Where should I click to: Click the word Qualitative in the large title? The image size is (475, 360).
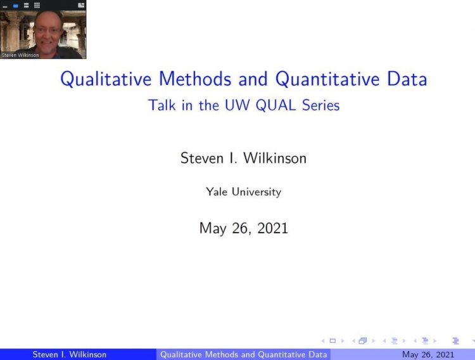[106, 79]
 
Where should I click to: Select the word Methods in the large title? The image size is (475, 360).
[195, 79]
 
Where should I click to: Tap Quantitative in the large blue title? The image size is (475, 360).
[327, 79]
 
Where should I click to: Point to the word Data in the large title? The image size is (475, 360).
[407, 79]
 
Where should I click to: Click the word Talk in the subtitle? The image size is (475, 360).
[161, 105]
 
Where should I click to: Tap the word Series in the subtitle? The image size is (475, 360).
[321, 105]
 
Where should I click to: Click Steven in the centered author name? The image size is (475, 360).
[202, 158]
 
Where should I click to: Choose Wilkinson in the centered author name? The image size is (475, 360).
[275, 158]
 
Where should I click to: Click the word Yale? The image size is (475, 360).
[217, 191]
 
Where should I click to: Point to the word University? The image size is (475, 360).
[256, 192]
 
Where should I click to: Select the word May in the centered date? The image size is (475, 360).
[213, 229]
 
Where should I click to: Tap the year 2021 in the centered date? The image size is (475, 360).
[272, 228]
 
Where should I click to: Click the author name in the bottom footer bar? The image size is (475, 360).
[70, 354]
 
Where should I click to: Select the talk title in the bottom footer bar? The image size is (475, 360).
[244, 354]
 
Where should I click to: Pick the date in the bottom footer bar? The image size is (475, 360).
[428, 354]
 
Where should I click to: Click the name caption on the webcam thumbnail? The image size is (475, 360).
[20, 55]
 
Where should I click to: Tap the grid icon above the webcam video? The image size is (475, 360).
[37, 5]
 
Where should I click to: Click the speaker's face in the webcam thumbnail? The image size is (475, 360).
[47, 32]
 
